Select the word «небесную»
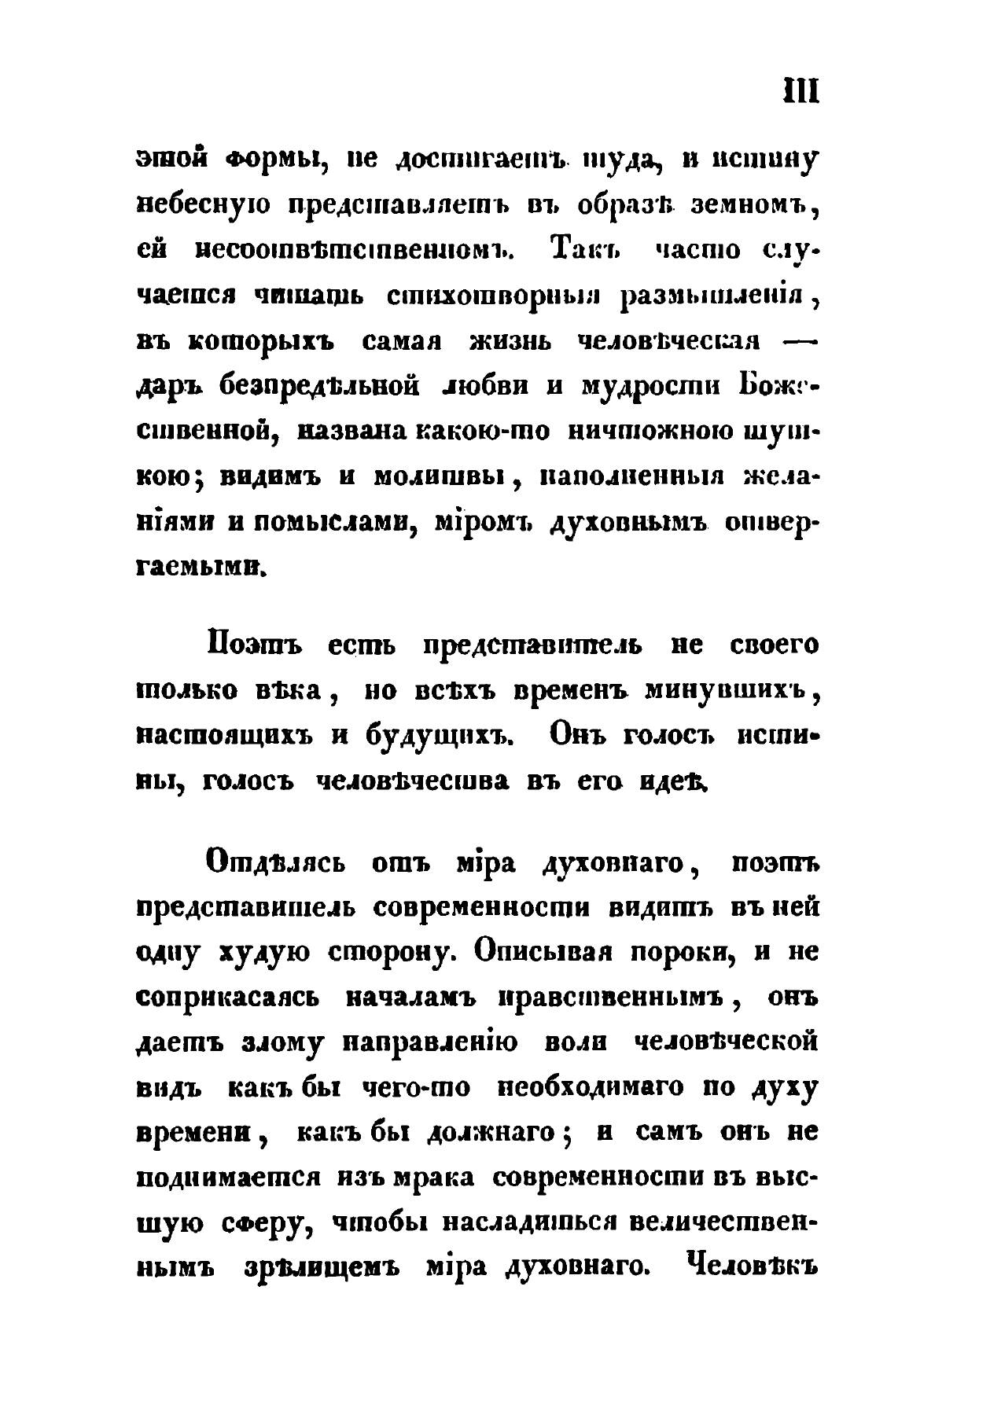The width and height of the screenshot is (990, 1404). click(x=204, y=205)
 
